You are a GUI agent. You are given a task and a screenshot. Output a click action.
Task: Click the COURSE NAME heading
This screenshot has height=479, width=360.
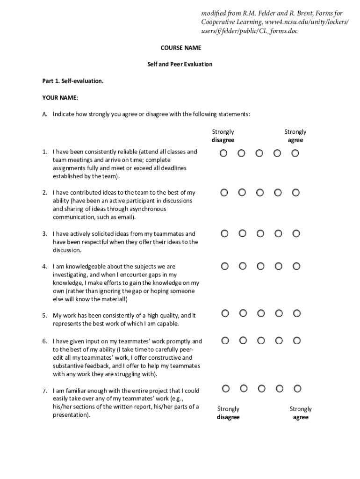point(180,48)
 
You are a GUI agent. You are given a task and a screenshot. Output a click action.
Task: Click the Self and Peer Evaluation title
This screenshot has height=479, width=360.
point(180,64)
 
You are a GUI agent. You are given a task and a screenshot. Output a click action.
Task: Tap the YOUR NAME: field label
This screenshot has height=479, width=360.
point(60,98)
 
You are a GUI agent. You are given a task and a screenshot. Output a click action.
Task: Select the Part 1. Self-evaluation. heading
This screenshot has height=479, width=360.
point(72,81)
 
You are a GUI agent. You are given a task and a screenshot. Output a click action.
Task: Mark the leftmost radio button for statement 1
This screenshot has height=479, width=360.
point(224,153)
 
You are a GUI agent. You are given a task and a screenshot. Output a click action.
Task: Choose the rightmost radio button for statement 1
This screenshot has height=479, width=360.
point(295,153)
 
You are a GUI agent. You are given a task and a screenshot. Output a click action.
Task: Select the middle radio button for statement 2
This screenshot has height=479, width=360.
point(260,192)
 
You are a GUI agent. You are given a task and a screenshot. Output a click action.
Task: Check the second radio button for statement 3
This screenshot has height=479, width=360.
point(242,233)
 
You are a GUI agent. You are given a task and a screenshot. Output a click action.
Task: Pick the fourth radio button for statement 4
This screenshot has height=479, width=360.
point(279,266)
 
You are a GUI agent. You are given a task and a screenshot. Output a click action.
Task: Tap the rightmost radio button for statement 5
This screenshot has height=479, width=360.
point(296,313)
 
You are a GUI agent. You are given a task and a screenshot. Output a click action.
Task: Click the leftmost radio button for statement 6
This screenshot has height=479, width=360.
point(225,341)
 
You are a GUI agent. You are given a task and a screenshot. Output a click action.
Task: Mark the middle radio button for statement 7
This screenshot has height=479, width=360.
point(261,388)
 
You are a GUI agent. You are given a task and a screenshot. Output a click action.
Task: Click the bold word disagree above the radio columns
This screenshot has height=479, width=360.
point(223,140)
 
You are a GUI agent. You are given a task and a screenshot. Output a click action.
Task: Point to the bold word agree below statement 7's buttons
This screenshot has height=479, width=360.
point(301,417)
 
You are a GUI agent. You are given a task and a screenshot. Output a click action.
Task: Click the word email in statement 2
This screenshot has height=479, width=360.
point(124,218)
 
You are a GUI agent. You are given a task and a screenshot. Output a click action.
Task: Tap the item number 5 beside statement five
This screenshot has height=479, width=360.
point(44,316)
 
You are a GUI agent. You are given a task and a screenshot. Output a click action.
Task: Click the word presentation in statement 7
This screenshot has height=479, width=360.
point(70,415)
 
